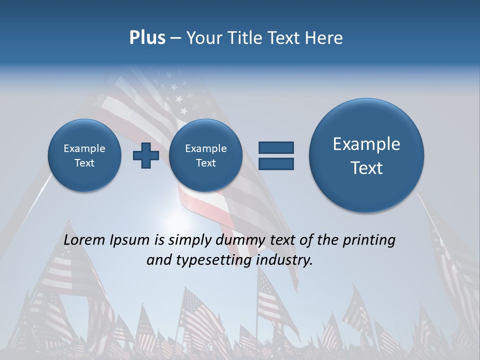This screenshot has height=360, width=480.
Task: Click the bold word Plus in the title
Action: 147,38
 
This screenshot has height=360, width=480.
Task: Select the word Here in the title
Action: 324,38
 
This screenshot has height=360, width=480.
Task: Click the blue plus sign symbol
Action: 146,155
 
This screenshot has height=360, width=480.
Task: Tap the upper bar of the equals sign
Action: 276,147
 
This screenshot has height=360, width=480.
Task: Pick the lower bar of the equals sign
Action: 276,163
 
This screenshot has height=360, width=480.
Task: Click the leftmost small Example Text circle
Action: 84,155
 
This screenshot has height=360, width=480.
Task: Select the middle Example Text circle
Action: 205,155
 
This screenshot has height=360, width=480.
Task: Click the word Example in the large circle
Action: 366,144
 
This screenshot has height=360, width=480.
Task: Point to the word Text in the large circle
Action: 366,168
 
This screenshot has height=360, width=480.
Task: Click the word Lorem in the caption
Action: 85,240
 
